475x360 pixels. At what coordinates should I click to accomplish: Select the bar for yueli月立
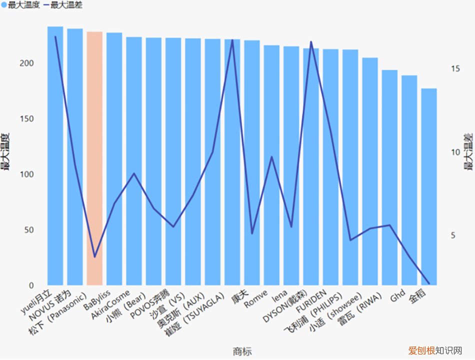[55, 155]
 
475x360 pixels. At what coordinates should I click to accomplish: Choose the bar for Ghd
[409, 180]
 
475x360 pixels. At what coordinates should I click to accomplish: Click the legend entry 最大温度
[20, 5]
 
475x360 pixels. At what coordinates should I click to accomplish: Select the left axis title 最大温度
[7, 152]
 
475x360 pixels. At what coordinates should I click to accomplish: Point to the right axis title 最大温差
[468, 152]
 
